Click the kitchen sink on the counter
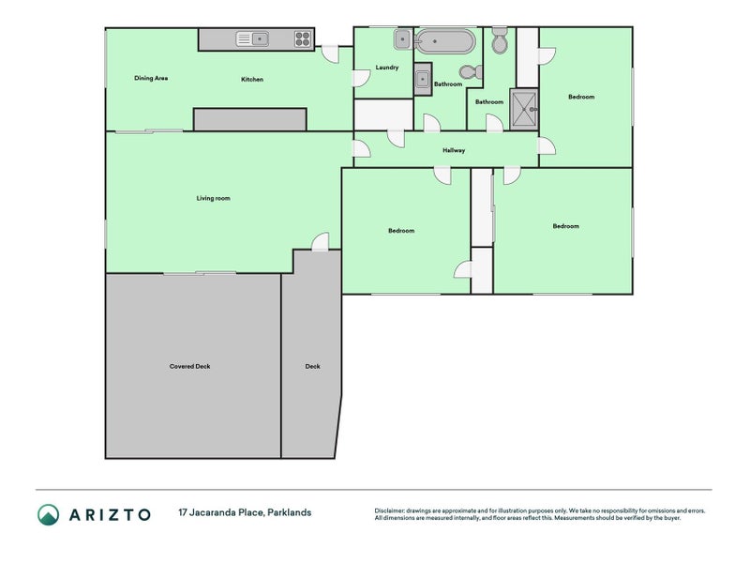tap(252, 38)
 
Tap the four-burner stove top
tap(302, 38)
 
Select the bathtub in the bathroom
tap(444, 41)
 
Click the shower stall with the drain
tap(524, 110)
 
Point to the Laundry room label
tap(387, 68)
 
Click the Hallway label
tap(454, 150)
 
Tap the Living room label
tap(214, 198)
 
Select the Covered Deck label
tap(190, 366)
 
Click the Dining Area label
tap(151, 78)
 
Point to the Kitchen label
tap(252, 80)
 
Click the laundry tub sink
tap(403, 39)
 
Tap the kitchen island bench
tap(249, 119)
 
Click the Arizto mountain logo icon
tap(49, 514)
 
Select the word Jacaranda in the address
tap(226, 512)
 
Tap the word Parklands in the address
tap(290, 512)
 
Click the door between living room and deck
tap(320, 242)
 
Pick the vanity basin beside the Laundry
tap(423, 80)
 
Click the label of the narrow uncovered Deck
tap(313, 366)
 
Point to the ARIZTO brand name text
tap(110, 514)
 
